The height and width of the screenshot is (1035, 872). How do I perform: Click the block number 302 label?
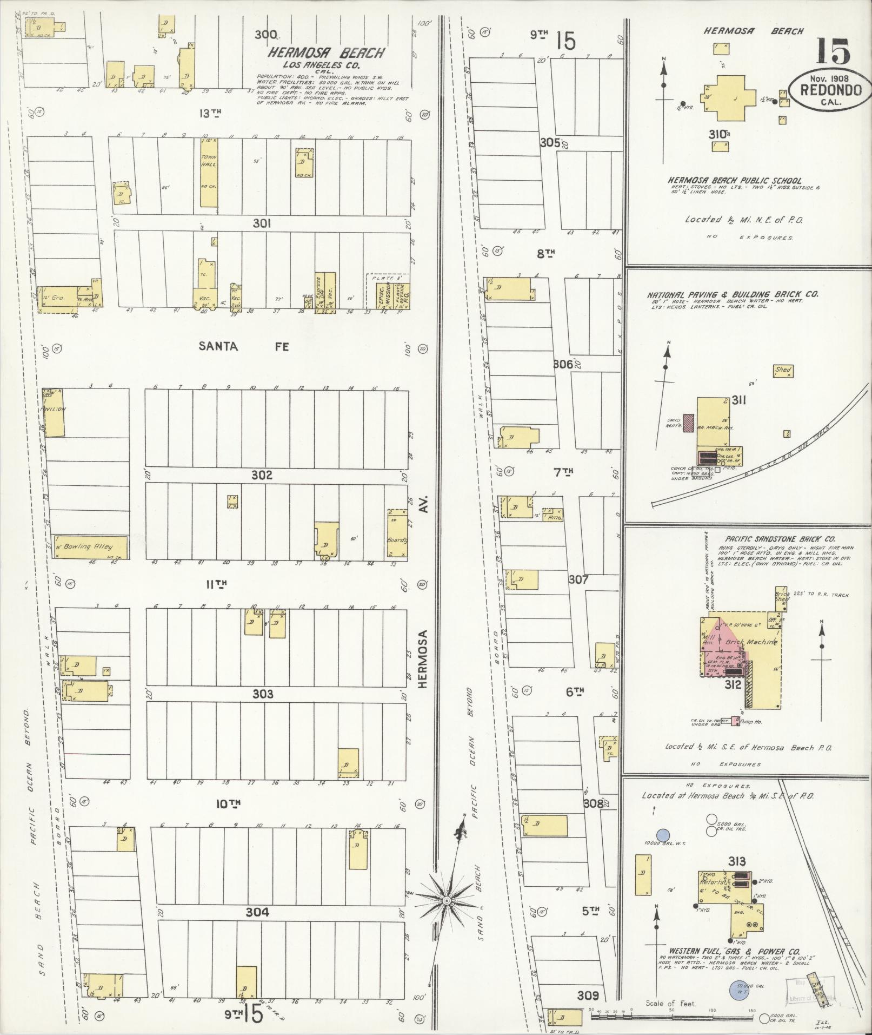[262, 475]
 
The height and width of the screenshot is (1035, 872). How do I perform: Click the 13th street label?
[210, 113]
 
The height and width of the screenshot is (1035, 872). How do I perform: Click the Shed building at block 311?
[783, 371]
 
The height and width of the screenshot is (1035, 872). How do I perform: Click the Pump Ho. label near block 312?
[749, 721]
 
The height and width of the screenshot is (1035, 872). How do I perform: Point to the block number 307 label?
[578, 579]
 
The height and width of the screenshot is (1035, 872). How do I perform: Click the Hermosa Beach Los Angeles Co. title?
[327, 53]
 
